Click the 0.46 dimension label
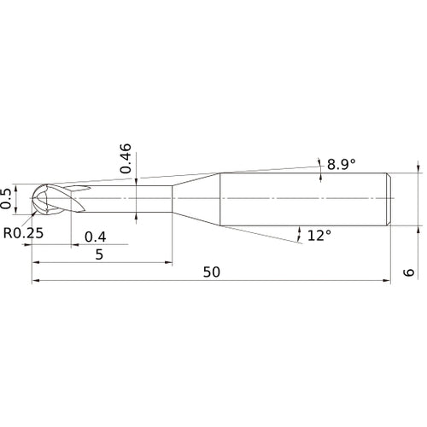(x=126, y=159)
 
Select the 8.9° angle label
(x=342, y=164)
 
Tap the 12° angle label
(x=319, y=236)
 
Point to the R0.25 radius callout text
(x=23, y=233)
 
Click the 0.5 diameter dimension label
(x=6, y=199)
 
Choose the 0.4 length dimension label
(x=96, y=237)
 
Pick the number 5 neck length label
(x=99, y=254)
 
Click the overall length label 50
(x=212, y=272)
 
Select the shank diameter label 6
(x=409, y=272)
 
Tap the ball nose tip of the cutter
(x=31, y=198)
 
